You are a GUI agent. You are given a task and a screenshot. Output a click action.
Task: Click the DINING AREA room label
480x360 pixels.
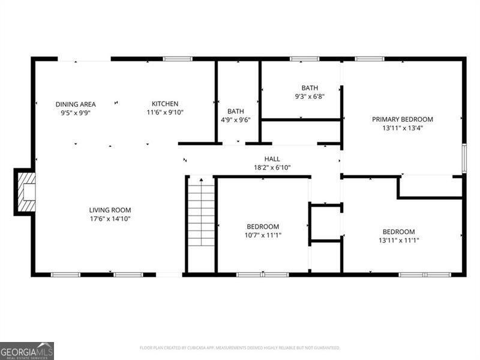tap(76, 104)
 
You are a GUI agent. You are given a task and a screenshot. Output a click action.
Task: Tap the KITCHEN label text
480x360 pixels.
tap(164, 104)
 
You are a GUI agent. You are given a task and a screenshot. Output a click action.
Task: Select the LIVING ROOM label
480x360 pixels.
tap(110, 210)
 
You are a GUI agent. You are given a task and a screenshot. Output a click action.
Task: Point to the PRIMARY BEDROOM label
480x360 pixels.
tap(402, 119)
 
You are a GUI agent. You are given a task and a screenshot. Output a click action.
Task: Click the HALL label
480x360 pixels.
tap(263, 159)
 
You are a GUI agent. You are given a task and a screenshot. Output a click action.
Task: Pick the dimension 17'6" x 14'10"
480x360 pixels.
tap(110, 219)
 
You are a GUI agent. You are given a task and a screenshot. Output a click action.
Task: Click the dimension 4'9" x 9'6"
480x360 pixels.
tap(235, 119)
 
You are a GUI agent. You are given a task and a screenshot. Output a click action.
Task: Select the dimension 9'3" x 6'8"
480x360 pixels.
tap(310, 96)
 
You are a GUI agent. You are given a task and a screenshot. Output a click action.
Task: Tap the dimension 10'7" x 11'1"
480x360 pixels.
tap(263, 235)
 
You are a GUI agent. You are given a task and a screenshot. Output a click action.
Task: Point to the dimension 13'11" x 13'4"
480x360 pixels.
tap(402, 128)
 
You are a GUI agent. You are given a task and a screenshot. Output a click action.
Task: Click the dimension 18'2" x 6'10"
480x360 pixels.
tap(263, 167)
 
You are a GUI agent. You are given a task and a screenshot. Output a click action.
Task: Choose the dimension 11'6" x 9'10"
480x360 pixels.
tap(164, 112)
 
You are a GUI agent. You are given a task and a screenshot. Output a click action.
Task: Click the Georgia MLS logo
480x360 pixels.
tap(27, 350)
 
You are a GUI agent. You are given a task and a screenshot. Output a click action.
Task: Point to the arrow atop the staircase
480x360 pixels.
tap(201, 179)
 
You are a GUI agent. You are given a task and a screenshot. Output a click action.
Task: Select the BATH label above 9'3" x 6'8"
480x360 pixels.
tap(310, 88)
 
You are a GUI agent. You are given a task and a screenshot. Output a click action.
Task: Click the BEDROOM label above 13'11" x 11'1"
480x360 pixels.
tap(398, 232)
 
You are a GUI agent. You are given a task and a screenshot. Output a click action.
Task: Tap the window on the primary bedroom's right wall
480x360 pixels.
tap(464, 158)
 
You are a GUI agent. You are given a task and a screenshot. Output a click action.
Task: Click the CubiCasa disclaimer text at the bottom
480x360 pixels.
tap(240, 347)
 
